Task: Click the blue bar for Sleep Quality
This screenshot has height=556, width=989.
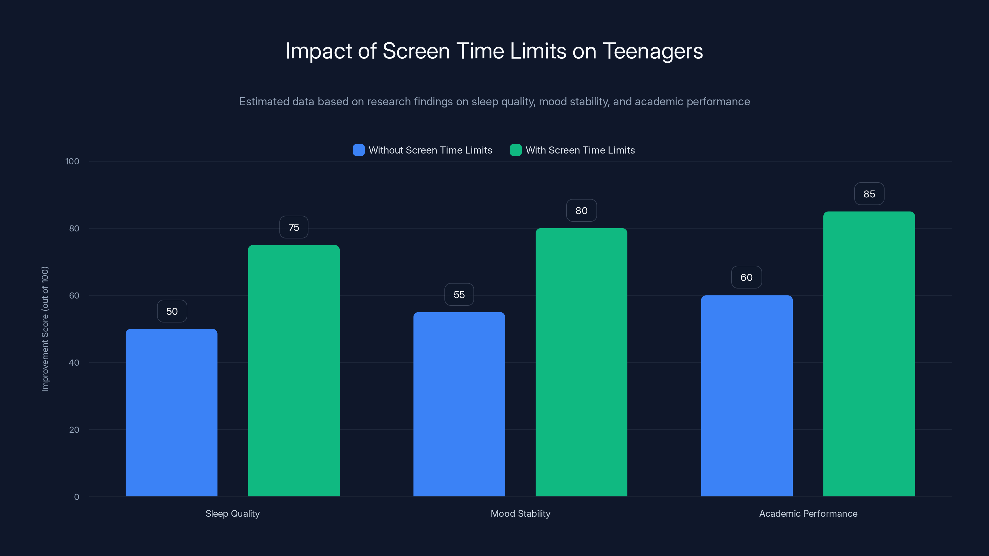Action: click(171, 412)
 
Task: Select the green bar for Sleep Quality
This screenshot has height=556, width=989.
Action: click(294, 371)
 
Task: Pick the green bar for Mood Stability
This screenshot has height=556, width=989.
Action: click(581, 362)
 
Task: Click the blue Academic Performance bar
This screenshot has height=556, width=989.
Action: click(747, 396)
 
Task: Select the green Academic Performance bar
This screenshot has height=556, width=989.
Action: click(869, 354)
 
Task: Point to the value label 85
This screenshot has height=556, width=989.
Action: click(869, 194)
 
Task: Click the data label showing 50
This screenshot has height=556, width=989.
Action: click(172, 311)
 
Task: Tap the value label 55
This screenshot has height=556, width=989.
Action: click(459, 294)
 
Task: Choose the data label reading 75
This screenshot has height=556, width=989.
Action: click(294, 227)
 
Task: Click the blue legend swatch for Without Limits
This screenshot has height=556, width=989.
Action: click(359, 150)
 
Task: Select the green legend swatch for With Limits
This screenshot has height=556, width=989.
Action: click(516, 150)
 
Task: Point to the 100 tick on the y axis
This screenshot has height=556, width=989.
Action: click(72, 161)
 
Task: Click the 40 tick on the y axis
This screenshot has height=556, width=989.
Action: click(74, 363)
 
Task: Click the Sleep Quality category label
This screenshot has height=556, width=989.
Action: click(232, 513)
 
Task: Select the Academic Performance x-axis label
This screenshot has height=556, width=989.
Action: click(808, 513)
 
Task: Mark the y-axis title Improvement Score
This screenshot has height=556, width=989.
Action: click(45, 329)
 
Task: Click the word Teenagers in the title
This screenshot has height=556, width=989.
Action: click(653, 51)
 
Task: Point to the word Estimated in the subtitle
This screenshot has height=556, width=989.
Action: click(264, 101)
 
